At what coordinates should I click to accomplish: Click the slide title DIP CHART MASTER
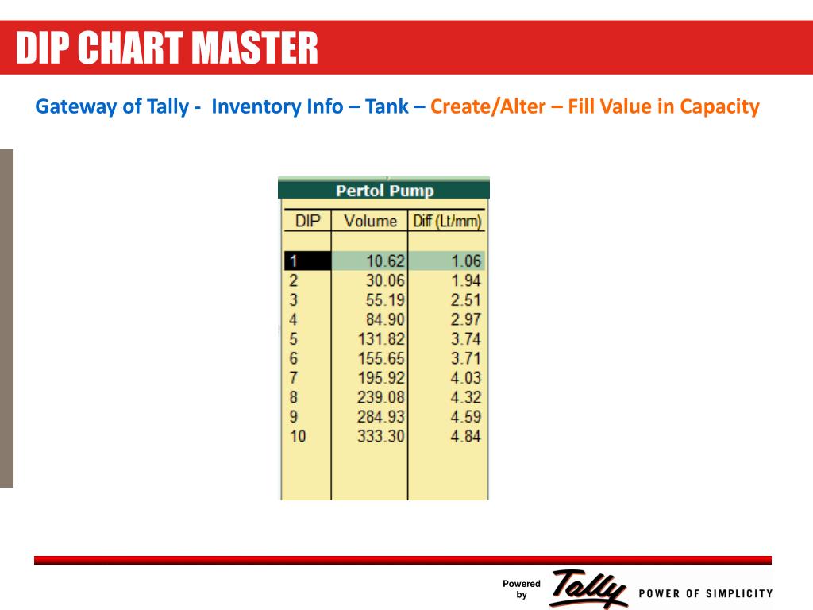coord(168,48)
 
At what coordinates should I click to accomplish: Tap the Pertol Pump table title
coord(384,191)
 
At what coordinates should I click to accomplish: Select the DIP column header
coord(307,221)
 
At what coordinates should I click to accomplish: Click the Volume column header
coord(370,221)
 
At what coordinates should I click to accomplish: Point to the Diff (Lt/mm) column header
coord(448,221)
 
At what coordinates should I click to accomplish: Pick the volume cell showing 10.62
coord(384,261)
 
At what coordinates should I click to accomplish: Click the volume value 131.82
coord(381,339)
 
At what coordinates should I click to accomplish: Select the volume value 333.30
coord(381,436)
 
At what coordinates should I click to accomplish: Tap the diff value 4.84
coord(465,436)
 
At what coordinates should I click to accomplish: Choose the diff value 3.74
coord(465,339)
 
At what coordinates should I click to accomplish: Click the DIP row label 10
coord(297,436)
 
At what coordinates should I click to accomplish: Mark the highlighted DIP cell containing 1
coord(307,261)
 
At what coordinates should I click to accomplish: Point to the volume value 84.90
coord(384,319)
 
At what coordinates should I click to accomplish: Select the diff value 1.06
coord(465,261)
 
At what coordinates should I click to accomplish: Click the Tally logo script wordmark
coord(588,589)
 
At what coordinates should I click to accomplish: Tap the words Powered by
coord(522,589)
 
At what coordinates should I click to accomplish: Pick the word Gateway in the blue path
coord(75,106)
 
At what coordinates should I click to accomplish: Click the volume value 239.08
coord(381,397)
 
